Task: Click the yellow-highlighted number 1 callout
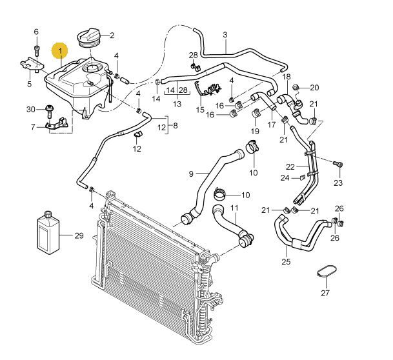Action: [61, 49]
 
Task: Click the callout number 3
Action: [225, 34]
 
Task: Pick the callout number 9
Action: [191, 174]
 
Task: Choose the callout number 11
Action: [235, 208]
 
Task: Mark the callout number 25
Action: [286, 261]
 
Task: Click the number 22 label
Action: [290, 166]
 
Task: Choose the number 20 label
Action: [314, 87]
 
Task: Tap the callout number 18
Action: [287, 77]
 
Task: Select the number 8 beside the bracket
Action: [175, 126]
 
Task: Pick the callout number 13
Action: [177, 104]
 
